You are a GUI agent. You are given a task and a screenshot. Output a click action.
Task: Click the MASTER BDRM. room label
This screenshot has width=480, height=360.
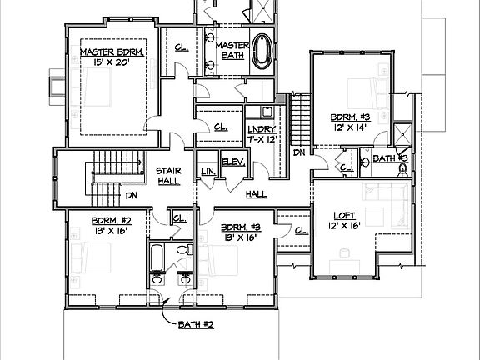click(x=112, y=52)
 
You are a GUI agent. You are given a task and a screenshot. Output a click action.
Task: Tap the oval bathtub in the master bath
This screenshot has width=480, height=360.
click(x=262, y=51)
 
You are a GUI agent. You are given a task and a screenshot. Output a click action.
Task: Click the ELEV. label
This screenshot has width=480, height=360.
click(x=232, y=162)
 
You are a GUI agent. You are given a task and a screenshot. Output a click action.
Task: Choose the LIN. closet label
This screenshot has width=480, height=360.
click(x=207, y=172)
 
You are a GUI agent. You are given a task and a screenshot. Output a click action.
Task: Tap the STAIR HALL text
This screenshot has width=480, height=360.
click(x=169, y=176)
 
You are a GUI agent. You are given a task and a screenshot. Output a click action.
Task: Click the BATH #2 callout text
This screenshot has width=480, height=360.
click(x=197, y=324)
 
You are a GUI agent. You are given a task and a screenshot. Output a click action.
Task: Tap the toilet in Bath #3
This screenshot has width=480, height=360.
click(x=403, y=171)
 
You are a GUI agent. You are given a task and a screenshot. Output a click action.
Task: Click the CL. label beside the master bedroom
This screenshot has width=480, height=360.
click(x=181, y=47)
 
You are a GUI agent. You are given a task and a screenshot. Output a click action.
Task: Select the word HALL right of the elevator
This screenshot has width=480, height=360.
click(x=257, y=193)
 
